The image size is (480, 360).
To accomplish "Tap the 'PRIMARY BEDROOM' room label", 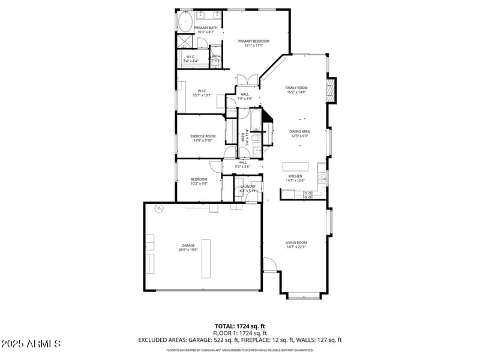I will [x=254, y=41].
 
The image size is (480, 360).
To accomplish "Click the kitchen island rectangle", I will [x=296, y=166].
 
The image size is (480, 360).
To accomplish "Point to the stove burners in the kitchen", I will [x=308, y=194].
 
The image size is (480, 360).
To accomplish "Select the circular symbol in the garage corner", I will [x=159, y=209].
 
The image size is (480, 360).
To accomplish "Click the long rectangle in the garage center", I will [x=206, y=259].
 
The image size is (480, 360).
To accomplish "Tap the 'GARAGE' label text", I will [x=189, y=245].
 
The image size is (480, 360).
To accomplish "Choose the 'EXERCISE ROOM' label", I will [x=203, y=136].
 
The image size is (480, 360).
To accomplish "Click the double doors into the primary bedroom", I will [x=247, y=80].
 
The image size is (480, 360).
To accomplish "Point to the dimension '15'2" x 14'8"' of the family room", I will [x=296, y=92].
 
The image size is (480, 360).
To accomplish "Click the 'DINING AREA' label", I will [x=299, y=131].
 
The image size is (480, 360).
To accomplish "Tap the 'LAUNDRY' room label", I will [x=248, y=187].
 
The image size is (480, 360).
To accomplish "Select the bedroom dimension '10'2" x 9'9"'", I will [x=199, y=184].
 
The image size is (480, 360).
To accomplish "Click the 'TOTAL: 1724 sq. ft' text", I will [x=240, y=326].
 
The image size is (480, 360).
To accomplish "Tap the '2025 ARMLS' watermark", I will [x=31, y=344].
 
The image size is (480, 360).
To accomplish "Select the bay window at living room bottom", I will [x=304, y=296].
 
